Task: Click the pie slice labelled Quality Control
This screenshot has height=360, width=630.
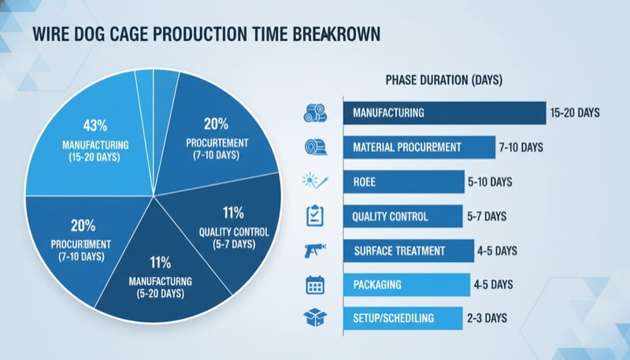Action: pyautogui.click(x=233, y=228)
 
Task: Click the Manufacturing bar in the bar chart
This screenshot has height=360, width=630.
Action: pyautogui.click(x=444, y=113)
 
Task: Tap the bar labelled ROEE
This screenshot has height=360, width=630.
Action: pyautogui.click(x=403, y=182)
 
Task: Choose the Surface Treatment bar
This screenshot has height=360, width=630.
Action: pyautogui.click(x=408, y=251)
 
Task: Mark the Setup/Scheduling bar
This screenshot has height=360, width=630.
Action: pyautogui.click(x=402, y=318)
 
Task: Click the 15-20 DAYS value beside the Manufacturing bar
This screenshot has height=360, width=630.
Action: pyautogui.click(x=576, y=113)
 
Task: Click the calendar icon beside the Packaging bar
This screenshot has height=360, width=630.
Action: pyautogui.click(x=314, y=284)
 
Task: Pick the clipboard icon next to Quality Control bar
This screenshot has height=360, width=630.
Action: pyautogui.click(x=314, y=216)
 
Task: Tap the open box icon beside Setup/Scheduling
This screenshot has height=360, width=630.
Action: pyautogui.click(x=314, y=318)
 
